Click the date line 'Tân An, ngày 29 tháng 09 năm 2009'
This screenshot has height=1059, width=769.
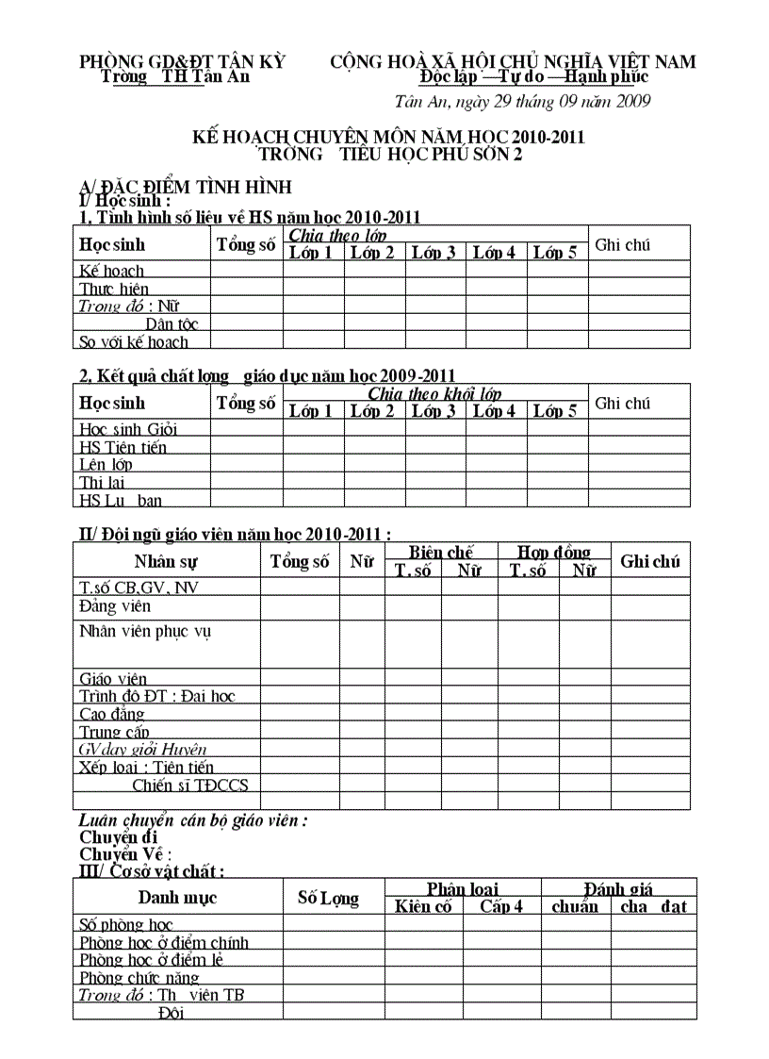(x=522, y=102)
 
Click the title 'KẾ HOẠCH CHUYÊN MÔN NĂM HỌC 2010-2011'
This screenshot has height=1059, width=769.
(x=388, y=138)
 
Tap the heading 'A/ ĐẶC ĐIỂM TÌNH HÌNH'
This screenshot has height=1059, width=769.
(x=185, y=186)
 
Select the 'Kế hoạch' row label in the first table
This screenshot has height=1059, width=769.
(x=112, y=272)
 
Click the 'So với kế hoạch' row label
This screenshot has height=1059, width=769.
(x=134, y=342)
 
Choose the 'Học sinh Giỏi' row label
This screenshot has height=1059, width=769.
(x=128, y=429)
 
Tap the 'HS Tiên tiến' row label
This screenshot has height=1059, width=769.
(x=123, y=447)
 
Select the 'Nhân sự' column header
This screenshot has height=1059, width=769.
(x=166, y=562)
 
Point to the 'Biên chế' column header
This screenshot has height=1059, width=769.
(x=441, y=553)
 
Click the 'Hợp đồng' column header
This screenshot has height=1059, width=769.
(x=554, y=553)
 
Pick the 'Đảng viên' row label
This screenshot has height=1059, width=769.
(x=115, y=606)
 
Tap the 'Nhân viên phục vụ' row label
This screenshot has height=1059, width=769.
(x=145, y=631)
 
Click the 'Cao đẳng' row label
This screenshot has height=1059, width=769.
(x=112, y=714)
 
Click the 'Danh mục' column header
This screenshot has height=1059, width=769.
(x=177, y=898)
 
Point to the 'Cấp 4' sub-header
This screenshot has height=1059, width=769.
(x=501, y=907)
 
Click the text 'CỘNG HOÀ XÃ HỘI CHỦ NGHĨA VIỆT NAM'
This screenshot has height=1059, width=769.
(x=513, y=62)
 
